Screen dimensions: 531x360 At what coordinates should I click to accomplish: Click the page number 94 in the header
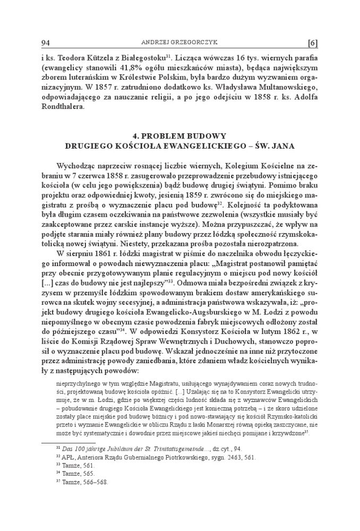click(45, 42)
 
